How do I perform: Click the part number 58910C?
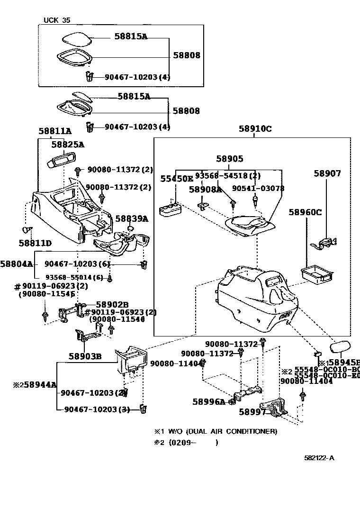point(255,128)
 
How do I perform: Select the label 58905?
point(230,160)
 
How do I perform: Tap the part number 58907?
point(327,174)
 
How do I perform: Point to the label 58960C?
point(306,212)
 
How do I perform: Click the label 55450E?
point(176,179)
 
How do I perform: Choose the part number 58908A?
point(205,189)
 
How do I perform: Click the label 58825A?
point(67,145)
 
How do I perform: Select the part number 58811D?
point(35,243)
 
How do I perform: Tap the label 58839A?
point(132,218)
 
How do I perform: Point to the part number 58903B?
point(85,356)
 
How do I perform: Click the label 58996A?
point(209,401)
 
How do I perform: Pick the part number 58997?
point(252,412)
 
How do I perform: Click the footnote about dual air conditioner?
point(216,431)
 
